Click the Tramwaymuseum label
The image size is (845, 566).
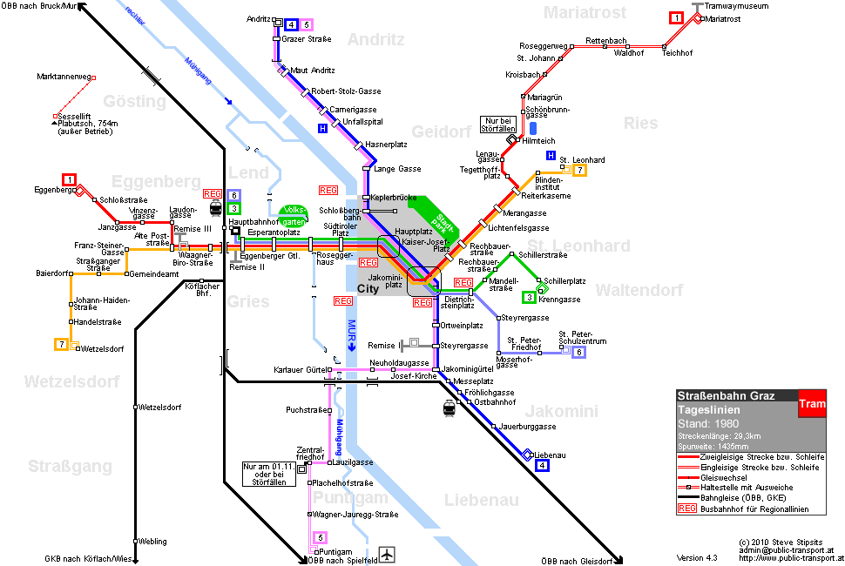point(736,6)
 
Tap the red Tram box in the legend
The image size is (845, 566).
point(812,403)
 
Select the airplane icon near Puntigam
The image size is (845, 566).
point(387,554)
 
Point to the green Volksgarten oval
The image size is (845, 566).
point(294,215)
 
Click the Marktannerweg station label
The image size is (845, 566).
point(64,77)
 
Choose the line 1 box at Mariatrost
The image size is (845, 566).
point(676,17)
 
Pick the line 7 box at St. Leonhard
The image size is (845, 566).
point(580,170)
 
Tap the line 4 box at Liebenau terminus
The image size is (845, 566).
point(542,465)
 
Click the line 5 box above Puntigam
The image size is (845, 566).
point(320,537)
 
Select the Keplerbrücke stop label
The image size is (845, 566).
point(394,198)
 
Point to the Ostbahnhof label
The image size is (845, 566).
point(495,402)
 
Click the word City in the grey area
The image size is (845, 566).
point(368,288)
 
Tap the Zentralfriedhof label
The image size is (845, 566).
point(311,454)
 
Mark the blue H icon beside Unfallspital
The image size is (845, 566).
point(322,128)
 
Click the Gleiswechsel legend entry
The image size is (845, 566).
point(724,478)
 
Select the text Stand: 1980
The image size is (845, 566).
point(708,424)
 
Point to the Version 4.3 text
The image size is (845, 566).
point(697,558)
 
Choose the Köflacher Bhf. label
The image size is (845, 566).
point(202,290)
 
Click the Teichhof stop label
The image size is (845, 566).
point(678,53)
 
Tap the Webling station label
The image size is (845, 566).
point(152,542)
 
